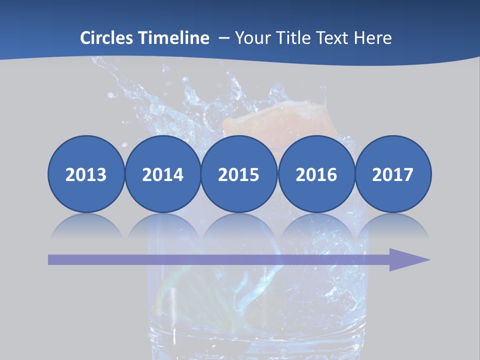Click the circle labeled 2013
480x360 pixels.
[86, 174]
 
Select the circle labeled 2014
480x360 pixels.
[162, 174]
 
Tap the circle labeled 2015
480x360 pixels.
[239, 174]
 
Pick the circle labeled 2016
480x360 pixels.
[316, 174]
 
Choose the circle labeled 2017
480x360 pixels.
[393, 174]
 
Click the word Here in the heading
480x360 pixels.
[374, 38]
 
